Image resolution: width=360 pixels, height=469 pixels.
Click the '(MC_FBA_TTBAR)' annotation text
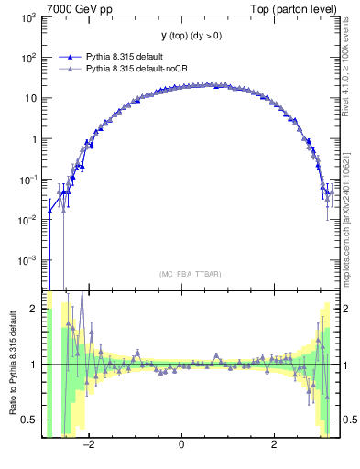(x=182, y=272)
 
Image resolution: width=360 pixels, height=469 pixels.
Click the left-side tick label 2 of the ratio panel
(x=35, y=309)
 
